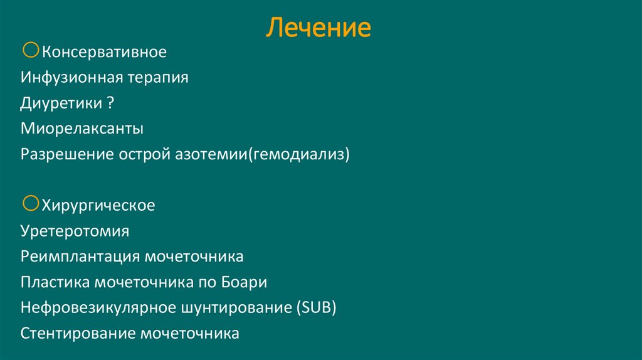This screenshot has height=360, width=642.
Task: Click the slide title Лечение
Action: click(x=320, y=28)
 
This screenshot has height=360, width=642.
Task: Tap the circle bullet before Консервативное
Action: click(x=31, y=50)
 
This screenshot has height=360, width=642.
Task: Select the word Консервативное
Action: click(x=104, y=51)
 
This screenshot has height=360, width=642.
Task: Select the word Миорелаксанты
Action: click(x=82, y=129)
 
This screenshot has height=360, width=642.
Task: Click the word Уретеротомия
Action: click(x=75, y=231)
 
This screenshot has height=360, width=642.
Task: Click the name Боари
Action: click(x=244, y=282)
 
